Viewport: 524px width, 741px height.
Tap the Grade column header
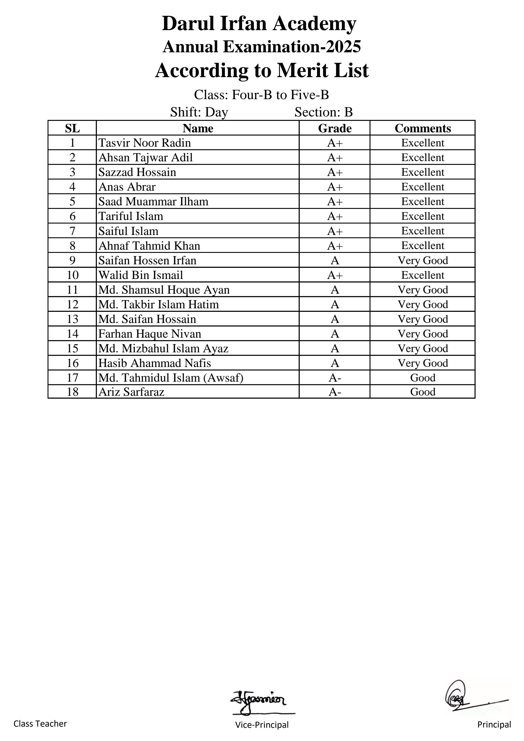[335, 128]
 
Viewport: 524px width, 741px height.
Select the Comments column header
[422, 128]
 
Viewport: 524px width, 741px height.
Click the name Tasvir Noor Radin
[144, 143]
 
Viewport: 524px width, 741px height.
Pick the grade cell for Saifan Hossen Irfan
[335, 260]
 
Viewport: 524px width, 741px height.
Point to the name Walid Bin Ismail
[141, 275]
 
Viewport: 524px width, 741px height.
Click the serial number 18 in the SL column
[73, 392]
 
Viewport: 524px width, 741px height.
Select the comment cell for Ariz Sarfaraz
[422, 392]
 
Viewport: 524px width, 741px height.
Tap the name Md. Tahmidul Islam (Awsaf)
[171, 377]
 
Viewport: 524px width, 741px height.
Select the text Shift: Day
[199, 112]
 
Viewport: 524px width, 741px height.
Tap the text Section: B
[324, 112]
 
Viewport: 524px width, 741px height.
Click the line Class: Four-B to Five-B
[261, 94]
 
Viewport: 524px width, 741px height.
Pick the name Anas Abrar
[127, 187]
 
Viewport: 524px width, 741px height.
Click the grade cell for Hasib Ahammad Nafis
[335, 363]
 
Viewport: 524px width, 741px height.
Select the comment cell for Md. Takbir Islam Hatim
[422, 304]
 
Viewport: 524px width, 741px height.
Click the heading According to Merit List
[262, 70]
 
